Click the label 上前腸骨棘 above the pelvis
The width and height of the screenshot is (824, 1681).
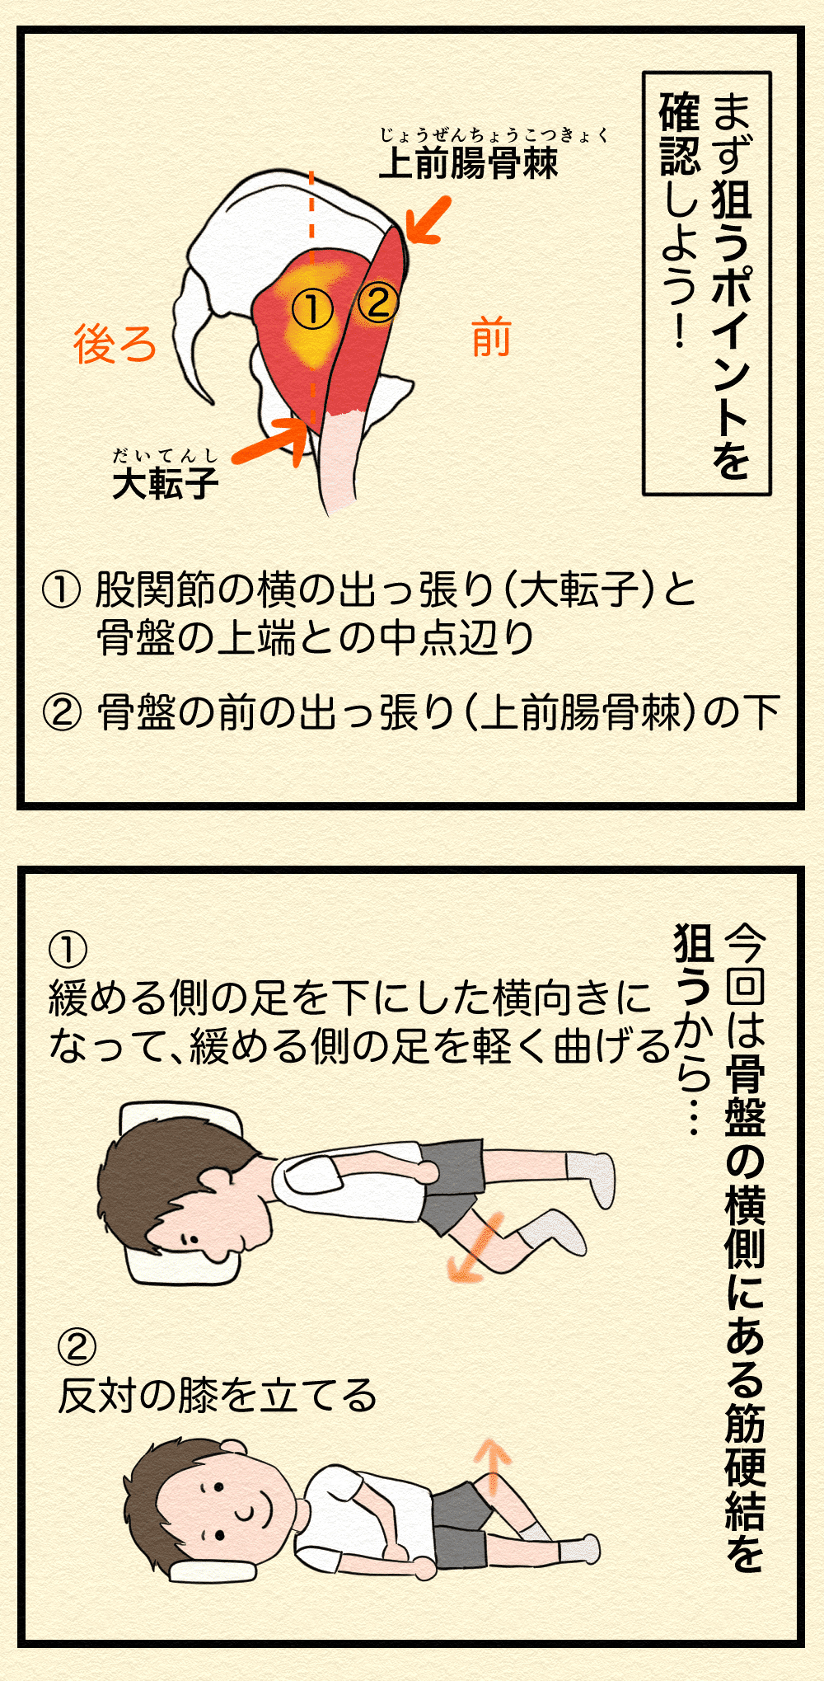(x=468, y=162)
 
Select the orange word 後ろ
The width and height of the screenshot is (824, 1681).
(x=115, y=344)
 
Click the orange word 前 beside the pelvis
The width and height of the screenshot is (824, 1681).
(x=491, y=339)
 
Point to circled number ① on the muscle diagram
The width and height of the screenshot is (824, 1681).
(x=312, y=310)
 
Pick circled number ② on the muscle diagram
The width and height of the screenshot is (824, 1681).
(x=378, y=302)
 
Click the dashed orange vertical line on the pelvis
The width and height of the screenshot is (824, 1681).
(x=311, y=247)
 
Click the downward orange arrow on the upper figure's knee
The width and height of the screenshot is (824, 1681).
(x=474, y=1249)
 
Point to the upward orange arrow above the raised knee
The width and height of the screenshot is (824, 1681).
(x=491, y=1466)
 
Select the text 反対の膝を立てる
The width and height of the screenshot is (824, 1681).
(x=217, y=1396)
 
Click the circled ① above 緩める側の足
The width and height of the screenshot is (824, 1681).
(x=68, y=950)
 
